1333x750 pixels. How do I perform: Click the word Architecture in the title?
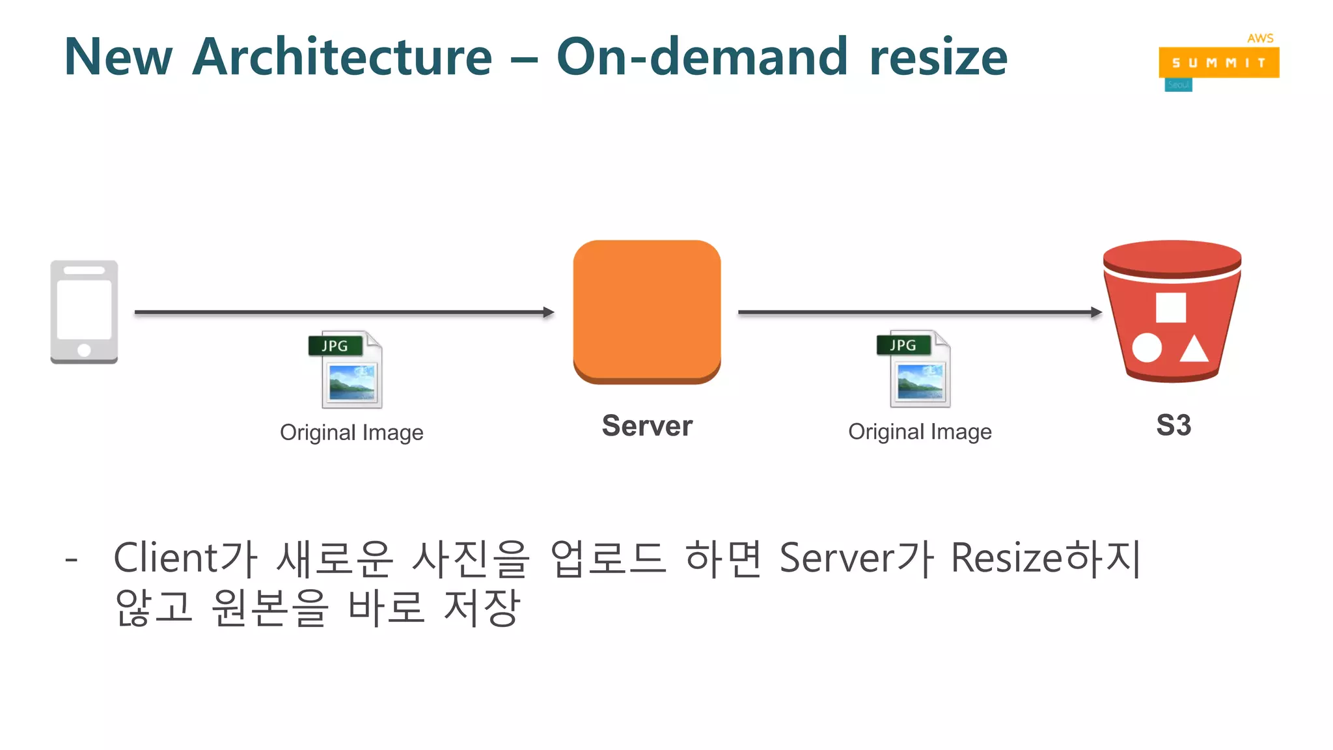(x=342, y=57)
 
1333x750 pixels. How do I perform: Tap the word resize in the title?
(x=938, y=57)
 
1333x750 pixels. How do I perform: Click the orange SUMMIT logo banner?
(x=1218, y=62)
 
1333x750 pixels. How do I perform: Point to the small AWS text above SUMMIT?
(x=1260, y=38)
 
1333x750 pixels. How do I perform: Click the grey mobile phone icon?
(x=84, y=312)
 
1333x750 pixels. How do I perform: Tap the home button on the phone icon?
(x=84, y=350)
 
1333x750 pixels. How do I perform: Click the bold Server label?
(x=647, y=426)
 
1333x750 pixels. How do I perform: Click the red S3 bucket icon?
(x=1172, y=311)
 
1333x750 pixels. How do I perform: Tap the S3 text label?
(x=1174, y=426)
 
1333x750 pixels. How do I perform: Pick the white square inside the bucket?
(x=1170, y=307)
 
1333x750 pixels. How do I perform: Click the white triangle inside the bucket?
(x=1194, y=350)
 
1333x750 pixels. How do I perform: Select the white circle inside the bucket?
(x=1147, y=348)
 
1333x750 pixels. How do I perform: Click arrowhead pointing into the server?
(x=549, y=312)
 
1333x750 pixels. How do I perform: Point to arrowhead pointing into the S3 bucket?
(x=1097, y=312)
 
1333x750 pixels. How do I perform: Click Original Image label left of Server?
(x=351, y=432)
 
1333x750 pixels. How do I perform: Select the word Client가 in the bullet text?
(x=186, y=559)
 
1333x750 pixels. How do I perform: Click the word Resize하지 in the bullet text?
(x=1045, y=559)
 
